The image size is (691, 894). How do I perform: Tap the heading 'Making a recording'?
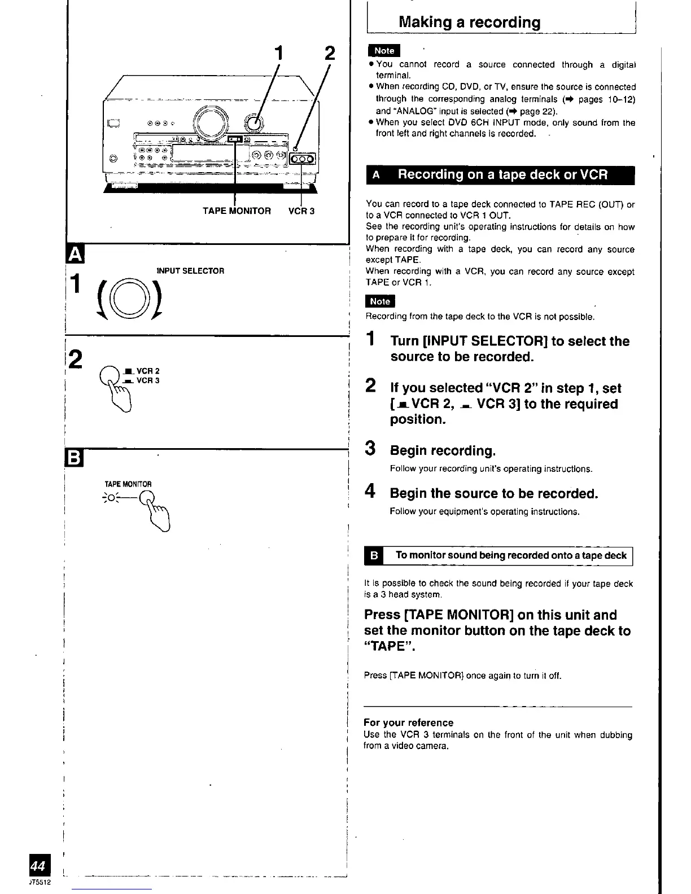pyautogui.click(x=469, y=23)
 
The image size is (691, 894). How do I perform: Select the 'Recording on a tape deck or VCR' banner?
pyautogui.click(x=500, y=175)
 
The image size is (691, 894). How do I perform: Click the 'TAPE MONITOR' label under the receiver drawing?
pyautogui.click(x=237, y=211)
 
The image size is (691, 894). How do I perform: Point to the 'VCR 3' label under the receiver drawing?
pyautogui.click(x=301, y=211)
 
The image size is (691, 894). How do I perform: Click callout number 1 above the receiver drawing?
pyautogui.click(x=278, y=54)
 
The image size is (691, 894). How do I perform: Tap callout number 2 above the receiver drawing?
pyautogui.click(x=330, y=54)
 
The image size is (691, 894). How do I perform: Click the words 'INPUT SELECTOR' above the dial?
pyautogui.click(x=186, y=271)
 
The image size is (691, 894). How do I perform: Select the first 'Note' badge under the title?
pyautogui.click(x=384, y=51)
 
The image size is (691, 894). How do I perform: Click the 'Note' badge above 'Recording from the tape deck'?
pyautogui.click(x=381, y=301)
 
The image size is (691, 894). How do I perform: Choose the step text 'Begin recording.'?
pyautogui.click(x=443, y=451)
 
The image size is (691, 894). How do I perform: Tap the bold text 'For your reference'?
pyautogui.click(x=408, y=723)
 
